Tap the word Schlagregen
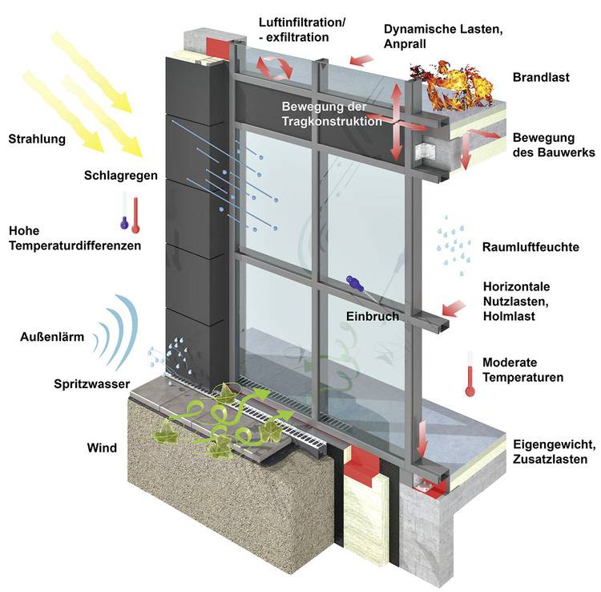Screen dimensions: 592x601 point(120,175)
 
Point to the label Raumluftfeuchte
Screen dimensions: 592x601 point(530,247)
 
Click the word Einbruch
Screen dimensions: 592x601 point(372,316)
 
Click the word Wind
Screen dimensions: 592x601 point(102,447)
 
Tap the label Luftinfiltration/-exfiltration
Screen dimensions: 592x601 point(302,30)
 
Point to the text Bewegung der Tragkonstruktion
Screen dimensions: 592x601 point(332,114)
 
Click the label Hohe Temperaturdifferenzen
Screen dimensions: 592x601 point(75,238)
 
